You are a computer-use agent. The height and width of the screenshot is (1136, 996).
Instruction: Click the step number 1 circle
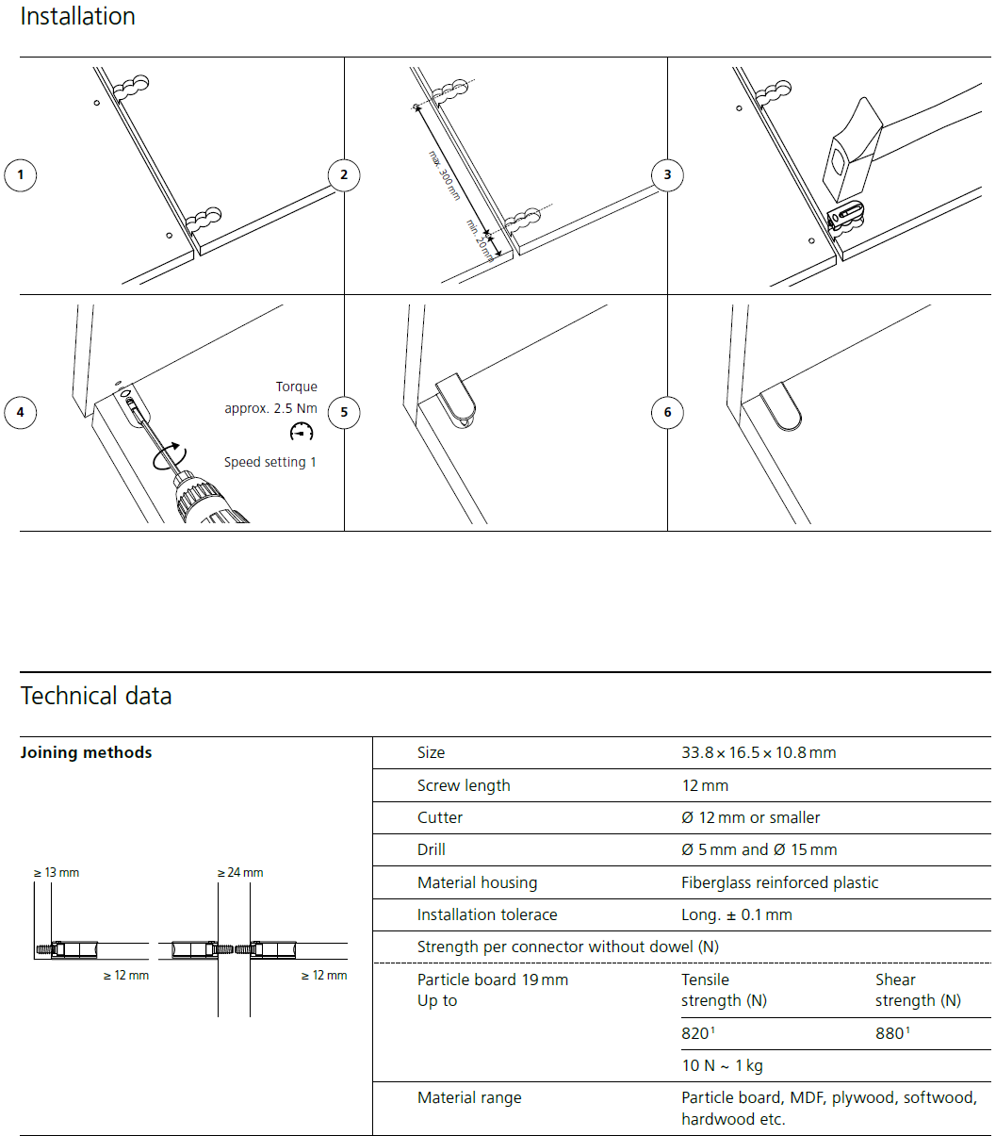point(21,174)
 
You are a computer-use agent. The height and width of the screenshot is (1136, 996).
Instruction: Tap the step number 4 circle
point(21,412)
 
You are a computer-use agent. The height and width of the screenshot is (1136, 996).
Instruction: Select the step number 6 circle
point(668,412)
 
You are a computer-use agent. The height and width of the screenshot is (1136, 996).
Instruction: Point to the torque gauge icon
point(302,432)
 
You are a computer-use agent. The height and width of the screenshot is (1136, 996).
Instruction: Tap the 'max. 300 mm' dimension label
point(444,174)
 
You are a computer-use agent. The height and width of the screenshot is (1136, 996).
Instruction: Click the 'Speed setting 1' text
point(270,462)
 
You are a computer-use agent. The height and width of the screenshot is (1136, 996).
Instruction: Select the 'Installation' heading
point(77,16)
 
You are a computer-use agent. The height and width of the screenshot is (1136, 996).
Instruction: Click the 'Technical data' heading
point(96,696)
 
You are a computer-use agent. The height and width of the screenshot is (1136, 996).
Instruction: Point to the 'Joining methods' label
point(86,752)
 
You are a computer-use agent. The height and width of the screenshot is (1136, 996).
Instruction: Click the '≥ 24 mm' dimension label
point(240,872)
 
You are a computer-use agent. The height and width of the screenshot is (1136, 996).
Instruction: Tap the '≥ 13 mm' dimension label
point(57,872)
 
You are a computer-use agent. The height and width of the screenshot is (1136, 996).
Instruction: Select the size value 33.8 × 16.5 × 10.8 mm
point(759,752)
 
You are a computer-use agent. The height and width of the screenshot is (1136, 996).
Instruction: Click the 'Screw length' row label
point(464,785)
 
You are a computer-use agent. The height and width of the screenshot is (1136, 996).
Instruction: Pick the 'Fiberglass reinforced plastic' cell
point(779,882)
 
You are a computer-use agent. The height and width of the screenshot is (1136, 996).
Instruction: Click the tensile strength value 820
point(696,1033)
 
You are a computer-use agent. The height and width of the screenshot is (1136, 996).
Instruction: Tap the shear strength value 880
point(890,1033)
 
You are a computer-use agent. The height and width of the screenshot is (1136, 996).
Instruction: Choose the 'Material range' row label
point(469,1097)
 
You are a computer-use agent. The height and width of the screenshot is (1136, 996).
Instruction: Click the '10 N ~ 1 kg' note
point(722,1065)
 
